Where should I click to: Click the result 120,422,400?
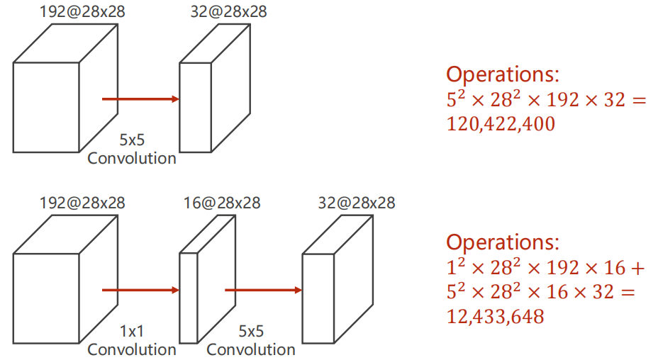pos(501,124)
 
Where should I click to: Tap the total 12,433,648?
pos(495,317)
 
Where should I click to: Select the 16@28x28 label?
pos(222,203)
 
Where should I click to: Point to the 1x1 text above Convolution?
pos(132,332)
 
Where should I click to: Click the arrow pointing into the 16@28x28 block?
pos(140,290)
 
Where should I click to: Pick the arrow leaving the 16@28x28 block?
pos(264,290)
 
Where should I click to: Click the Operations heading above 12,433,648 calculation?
pos(503,242)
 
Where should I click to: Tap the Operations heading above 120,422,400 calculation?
pos(503,74)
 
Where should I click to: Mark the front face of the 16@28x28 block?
pos(189,298)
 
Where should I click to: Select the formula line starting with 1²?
pos(545,268)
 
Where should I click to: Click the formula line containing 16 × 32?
pos(541,292)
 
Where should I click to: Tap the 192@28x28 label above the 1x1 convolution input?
pos(82,203)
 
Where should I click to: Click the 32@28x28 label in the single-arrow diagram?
pos(229,12)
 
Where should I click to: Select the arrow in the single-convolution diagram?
pos(140,99)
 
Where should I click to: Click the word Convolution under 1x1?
pos(132,349)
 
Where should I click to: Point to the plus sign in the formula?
pos(637,269)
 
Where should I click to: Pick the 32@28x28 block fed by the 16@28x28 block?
pos(338,279)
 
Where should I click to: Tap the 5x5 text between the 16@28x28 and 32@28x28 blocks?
pos(251,332)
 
